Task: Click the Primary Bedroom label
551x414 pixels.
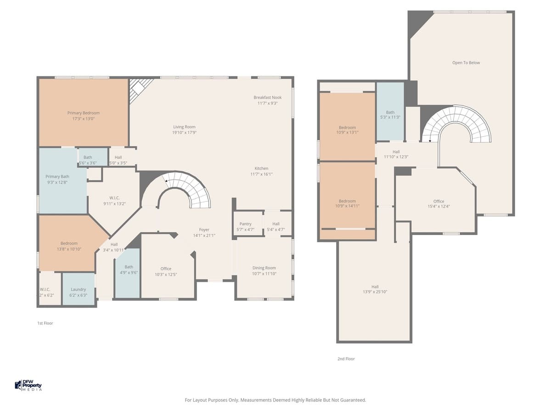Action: click(83, 113)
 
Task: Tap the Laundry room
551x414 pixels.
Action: click(79, 290)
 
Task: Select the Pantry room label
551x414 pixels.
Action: click(245, 224)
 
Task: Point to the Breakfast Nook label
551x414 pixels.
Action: click(267, 98)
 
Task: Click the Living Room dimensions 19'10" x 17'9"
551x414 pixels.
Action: click(184, 132)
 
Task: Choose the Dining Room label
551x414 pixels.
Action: click(264, 268)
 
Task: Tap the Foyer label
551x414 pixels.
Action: click(204, 230)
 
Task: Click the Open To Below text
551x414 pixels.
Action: click(466, 63)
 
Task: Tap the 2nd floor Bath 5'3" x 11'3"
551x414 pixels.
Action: click(390, 112)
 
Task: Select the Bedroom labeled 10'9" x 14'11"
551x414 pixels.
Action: click(347, 201)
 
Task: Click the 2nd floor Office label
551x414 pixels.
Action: click(439, 201)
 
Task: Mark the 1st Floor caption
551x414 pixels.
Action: click(45, 323)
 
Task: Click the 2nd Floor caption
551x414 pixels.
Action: click(346, 359)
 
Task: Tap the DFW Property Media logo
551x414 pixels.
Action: click(28, 385)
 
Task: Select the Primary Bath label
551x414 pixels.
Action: click(57, 176)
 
